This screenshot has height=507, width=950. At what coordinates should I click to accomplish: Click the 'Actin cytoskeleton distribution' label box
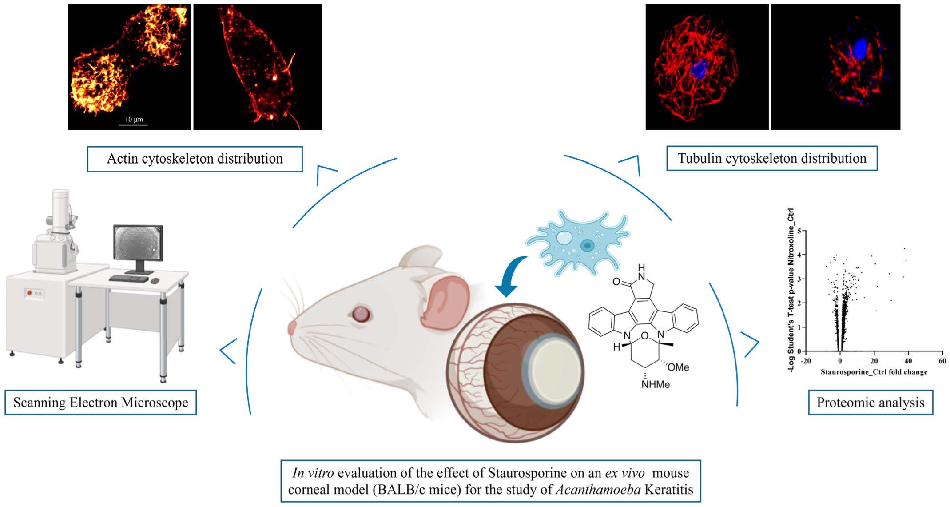point(195,159)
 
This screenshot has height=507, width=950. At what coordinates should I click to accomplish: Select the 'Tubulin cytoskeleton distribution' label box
point(772,159)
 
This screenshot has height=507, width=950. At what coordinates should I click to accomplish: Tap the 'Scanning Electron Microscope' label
point(101,403)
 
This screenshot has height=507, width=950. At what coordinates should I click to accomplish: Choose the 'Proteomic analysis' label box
point(871,403)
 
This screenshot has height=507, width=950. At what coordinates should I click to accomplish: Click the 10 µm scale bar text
point(134,120)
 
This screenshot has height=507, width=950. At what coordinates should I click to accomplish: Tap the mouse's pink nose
point(292,328)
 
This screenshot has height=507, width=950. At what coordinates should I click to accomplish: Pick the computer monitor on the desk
point(138,245)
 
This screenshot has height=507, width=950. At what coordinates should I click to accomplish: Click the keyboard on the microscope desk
point(128,279)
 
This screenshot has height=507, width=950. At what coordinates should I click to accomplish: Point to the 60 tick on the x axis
point(942,361)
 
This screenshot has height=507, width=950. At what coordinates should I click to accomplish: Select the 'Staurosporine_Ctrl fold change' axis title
point(874,372)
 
